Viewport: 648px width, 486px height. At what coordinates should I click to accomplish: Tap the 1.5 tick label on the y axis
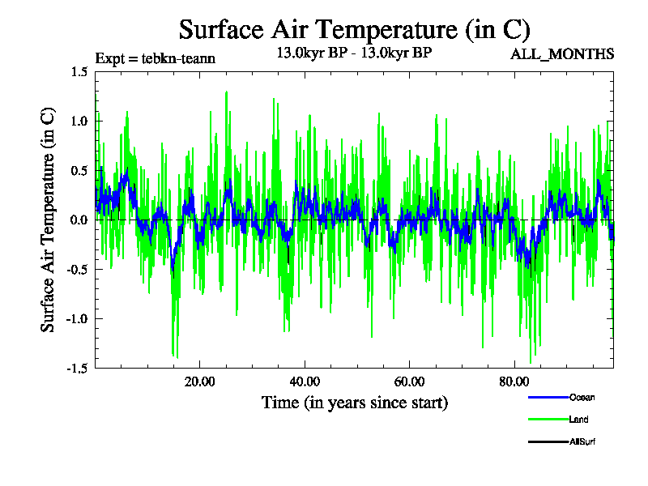(x=79, y=72)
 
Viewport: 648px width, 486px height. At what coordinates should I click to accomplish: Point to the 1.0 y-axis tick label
(x=79, y=122)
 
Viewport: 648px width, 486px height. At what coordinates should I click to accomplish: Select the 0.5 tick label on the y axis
(x=79, y=171)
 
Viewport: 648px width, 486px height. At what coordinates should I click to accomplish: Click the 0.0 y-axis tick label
(x=79, y=220)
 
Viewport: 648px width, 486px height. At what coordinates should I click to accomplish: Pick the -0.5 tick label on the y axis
(x=77, y=270)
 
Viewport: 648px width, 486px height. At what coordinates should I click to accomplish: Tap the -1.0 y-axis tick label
(x=77, y=319)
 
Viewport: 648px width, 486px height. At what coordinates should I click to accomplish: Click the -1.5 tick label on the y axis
(x=77, y=369)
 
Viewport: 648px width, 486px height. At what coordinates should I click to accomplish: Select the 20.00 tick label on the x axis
(x=198, y=382)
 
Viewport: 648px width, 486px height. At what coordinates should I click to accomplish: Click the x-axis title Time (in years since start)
(x=355, y=402)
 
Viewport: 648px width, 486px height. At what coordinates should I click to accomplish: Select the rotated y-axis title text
(x=49, y=220)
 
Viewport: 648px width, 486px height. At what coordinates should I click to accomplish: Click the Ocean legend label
(x=582, y=397)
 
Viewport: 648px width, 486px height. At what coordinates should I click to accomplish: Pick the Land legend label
(x=579, y=420)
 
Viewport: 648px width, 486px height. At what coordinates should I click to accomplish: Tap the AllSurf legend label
(x=583, y=441)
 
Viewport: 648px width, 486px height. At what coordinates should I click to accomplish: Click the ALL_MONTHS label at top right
(x=561, y=54)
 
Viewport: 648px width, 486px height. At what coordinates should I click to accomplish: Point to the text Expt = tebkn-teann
(x=155, y=58)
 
